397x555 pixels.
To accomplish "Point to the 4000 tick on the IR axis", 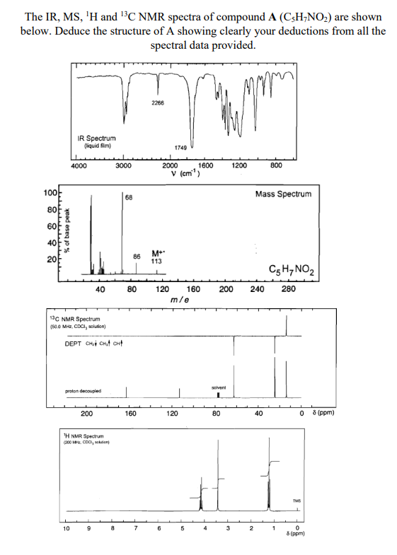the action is [x=79, y=165].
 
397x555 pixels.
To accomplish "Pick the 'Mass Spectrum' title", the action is [x=283, y=194].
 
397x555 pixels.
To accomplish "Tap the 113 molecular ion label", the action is [x=156, y=261].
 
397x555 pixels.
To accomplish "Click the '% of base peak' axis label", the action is [x=68, y=230].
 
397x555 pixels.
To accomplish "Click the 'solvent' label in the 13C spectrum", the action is [x=218, y=387].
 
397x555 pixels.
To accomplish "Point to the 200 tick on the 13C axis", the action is [x=86, y=414].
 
